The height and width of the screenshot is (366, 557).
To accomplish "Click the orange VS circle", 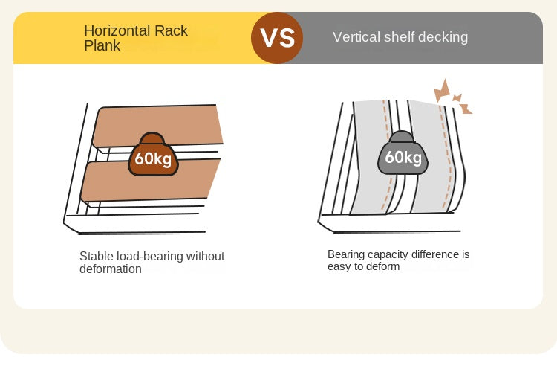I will tap(278, 37).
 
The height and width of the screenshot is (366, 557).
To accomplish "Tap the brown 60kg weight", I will tap(154, 158).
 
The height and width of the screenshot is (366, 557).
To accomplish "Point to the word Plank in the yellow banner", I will tap(101, 45).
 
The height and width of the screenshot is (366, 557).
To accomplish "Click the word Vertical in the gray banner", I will tap(356, 36).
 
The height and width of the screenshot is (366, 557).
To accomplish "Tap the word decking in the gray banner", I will tap(445, 36).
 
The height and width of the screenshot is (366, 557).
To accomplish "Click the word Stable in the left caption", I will tap(95, 256).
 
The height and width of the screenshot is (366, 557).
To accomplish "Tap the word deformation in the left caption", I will tap(111, 269).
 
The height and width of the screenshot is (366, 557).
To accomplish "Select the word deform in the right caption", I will tap(382, 266).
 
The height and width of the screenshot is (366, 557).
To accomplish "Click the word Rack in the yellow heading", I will tap(172, 30).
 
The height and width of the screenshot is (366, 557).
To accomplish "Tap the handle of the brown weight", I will tap(153, 138).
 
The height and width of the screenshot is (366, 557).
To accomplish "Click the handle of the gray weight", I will tap(402, 136).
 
